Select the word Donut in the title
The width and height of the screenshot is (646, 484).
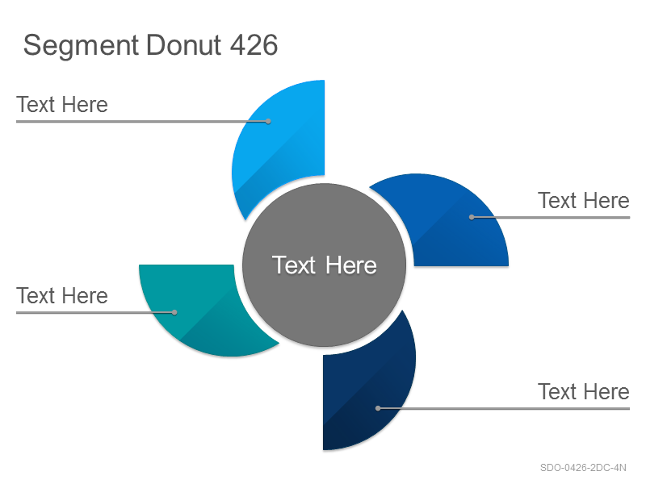(x=184, y=44)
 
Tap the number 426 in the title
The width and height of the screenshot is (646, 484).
(x=254, y=44)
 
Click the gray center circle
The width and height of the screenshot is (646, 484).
(x=325, y=265)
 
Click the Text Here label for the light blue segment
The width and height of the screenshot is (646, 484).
(x=62, y=105)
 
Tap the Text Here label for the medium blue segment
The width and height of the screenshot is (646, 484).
(x=584, y=200)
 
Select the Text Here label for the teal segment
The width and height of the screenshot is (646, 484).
(x=62, y=295)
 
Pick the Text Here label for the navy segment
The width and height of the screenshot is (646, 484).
(x=584, y=391)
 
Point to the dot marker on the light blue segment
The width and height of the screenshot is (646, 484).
(x=268, y=122)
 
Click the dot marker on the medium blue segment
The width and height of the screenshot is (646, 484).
(x=472, y=217)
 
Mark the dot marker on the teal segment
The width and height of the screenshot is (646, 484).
(x=174, y=312)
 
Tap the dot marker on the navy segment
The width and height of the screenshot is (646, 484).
(x=378, y=408)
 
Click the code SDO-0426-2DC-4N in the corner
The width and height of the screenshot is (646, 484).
(x=583, y=468)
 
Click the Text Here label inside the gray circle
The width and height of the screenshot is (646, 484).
(x=325, y=265)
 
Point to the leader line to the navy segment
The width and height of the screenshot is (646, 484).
(x=504, y=408)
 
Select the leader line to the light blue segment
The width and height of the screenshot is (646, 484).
(x=142, y=122)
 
